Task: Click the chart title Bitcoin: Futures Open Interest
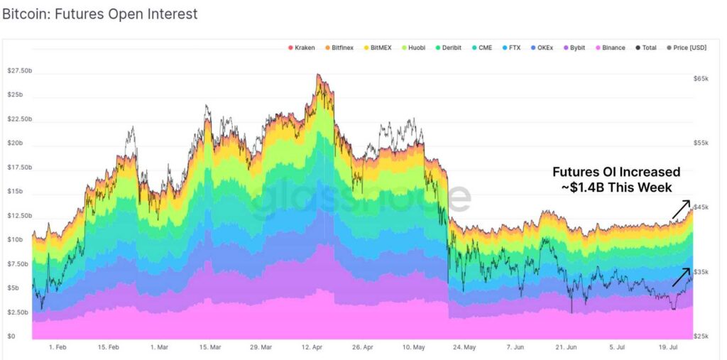pos(99,14)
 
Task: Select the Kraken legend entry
pos(302,48)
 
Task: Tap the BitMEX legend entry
pos(380,48)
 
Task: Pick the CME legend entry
pos(482,48)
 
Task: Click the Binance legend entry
pos(610,48)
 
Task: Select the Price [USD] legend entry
pos(687,48)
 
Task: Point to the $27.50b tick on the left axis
pos(20,71)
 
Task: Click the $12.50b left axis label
pos(20,215)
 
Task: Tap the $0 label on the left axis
pos(11,336)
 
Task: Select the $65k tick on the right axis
pos(701,78)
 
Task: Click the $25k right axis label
pos(701,336)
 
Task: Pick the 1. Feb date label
pos(58,348)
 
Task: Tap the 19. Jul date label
pos(670,348)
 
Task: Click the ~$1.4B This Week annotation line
pos(616,187)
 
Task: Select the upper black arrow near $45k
pos(681,209)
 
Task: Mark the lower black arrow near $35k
pos(681,277)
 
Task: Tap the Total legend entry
pos(645,48)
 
